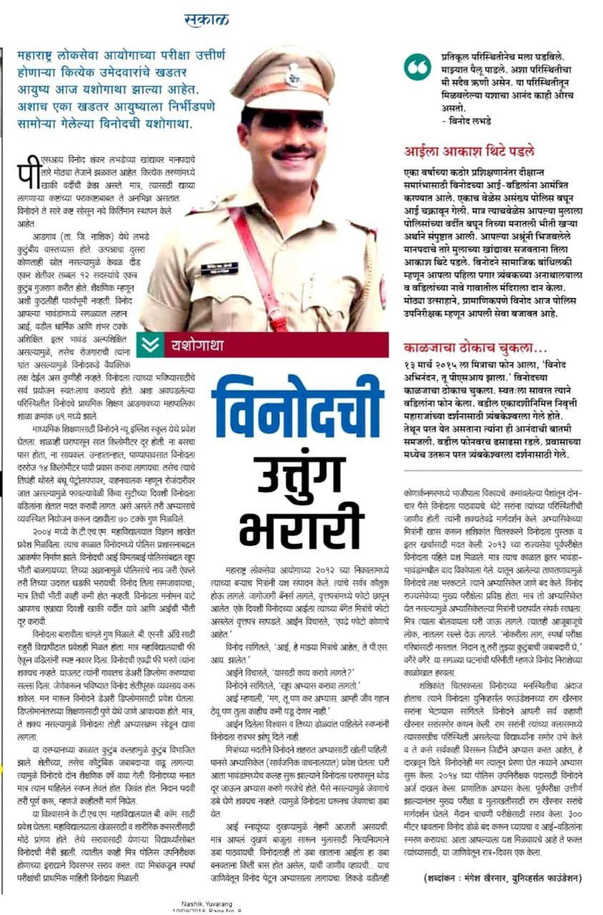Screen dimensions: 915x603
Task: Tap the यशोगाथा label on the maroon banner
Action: click(197, 345)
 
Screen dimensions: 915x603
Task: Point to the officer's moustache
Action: click(293, 152)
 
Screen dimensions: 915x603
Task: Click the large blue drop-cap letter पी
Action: click(26, 170)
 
